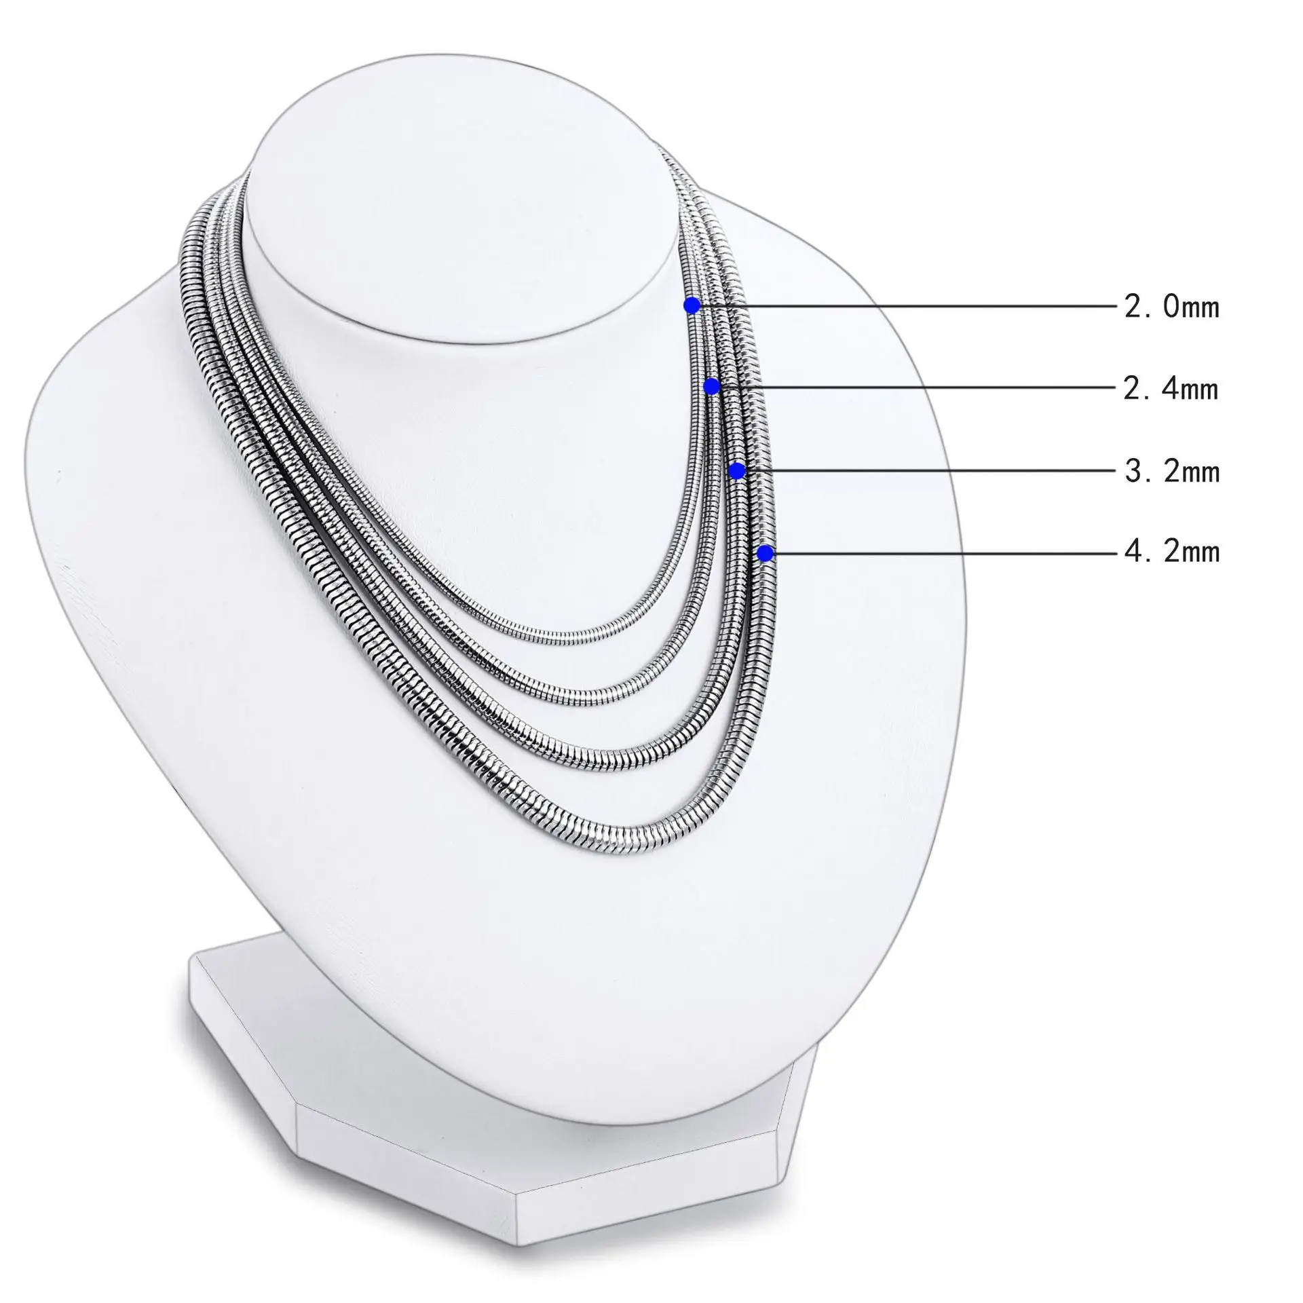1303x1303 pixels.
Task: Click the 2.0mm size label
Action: [1172, 307]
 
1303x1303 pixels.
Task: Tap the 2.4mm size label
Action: [1171, 389]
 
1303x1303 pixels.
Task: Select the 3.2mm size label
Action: [1172, 471]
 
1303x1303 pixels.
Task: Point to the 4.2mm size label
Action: [1172, 551]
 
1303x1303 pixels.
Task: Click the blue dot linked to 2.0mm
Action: [692, 305]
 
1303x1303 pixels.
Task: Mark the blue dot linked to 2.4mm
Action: [711, 386]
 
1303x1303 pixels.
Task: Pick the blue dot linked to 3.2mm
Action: [737, 470]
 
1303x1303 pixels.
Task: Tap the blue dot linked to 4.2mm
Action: [765, 554]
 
